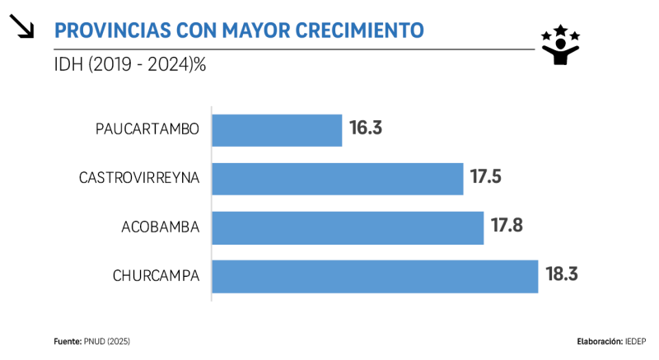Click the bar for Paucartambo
tap(277, 130)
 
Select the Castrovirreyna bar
tap(338, 179)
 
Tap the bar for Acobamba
tap(348, 227)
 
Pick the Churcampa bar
tap(375, 276)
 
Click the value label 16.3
tap(367, 129)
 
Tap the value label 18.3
tap(561, 274)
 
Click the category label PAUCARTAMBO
tap(147, 129)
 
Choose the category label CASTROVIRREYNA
tap(139, 178)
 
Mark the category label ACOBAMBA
tap(160, 227)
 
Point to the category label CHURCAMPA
tap(156, 275)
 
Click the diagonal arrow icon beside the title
tap(22, 28)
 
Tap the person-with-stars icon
tap(560, 44)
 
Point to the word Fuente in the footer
tap(67, 341)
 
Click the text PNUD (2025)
tap(107, 341)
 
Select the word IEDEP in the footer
tap(634, 341)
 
